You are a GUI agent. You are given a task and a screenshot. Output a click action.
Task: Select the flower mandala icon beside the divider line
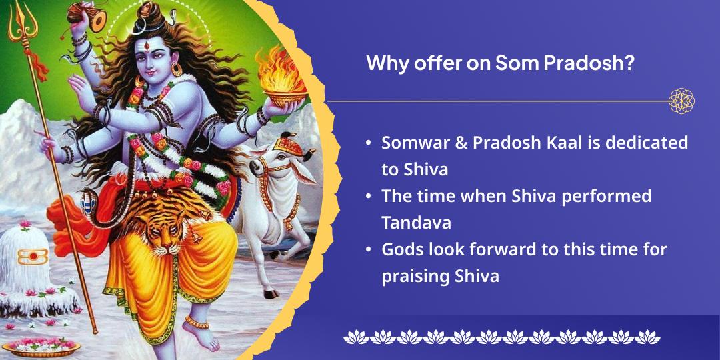click(x=681, y=101)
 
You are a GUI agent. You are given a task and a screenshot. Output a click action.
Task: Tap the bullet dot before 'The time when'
click(x=369, y=197)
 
